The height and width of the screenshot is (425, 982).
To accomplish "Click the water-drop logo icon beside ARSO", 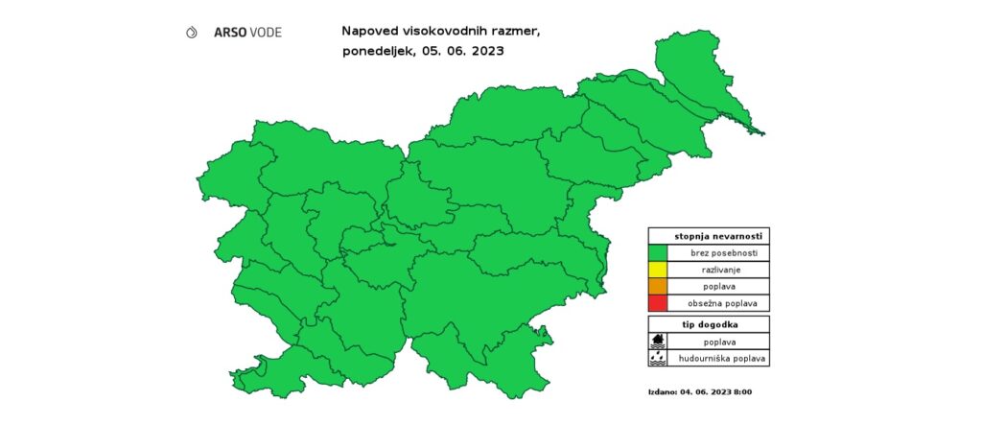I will [192, 32].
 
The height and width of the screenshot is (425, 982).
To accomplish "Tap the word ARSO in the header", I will [229, 32].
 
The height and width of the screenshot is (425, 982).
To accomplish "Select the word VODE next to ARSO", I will [266, 32].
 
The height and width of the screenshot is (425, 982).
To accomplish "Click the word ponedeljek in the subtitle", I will [377, 52].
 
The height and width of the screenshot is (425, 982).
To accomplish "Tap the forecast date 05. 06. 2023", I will [462, 51].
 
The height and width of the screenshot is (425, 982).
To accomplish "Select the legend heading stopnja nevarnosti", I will [711, 235].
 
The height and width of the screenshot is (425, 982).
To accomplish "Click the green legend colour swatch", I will [658, 252].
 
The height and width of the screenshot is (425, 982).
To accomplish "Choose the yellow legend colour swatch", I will [658, 270].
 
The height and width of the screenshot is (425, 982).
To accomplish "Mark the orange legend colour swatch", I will [658, 287].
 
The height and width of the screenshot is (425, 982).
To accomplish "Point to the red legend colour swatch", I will [658, 303].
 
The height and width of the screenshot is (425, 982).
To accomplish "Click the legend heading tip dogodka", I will [711, 324].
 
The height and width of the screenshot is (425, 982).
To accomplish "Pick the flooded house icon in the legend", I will [658, 341].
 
